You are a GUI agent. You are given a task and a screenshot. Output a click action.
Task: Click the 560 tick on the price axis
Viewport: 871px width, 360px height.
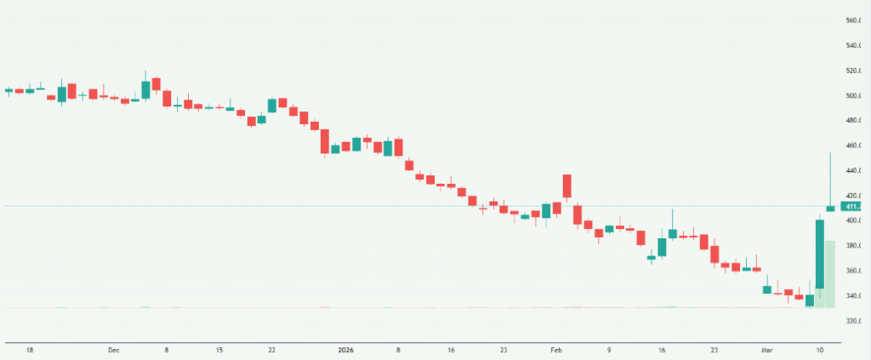(852, 20)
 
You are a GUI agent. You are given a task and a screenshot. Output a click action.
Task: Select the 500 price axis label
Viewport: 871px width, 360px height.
(852, 95)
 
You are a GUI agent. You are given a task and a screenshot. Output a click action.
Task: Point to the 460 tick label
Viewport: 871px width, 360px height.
(852, 146)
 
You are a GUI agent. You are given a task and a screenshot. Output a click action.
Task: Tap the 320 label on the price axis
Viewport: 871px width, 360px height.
(852, 321)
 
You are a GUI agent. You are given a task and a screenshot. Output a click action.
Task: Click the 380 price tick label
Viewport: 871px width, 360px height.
(852, 246)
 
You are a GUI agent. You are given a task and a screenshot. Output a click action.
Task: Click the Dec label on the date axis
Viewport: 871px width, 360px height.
(114, 350)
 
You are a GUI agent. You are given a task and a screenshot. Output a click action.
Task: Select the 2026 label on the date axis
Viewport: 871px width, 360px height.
(344, 350)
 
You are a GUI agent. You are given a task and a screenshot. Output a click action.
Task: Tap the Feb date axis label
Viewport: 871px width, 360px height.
(556, 350)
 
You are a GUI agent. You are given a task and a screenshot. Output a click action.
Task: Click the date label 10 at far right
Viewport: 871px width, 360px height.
(820, 350)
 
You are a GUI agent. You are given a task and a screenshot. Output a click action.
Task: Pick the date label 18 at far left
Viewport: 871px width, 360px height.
(29, 350)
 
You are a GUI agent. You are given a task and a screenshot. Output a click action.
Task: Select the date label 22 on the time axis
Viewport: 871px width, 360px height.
(271, 350)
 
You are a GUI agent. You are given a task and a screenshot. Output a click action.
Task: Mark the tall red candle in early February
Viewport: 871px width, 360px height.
(566, 186)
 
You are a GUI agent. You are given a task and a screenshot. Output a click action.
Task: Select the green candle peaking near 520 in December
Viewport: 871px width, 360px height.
(146, 89)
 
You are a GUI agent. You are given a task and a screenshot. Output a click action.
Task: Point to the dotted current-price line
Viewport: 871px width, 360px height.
(425, 206)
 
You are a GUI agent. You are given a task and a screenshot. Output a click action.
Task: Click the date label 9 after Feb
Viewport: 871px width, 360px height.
(609, 350)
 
